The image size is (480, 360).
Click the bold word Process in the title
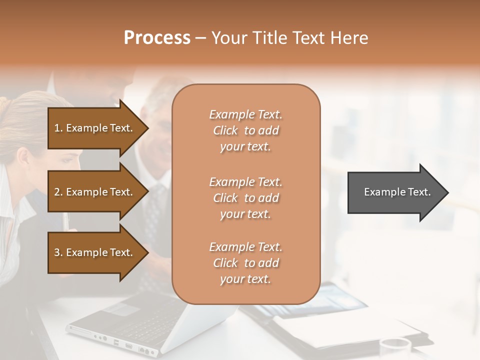pos(157,38)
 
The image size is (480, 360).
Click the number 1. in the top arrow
pos(58,128)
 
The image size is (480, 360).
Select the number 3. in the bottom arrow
pos(58,252)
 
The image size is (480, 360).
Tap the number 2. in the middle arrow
pos(58,192)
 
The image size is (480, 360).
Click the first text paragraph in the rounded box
pos(245,130)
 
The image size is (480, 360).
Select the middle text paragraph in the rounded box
pos(245,198)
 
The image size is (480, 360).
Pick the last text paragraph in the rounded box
pos(245,263)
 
